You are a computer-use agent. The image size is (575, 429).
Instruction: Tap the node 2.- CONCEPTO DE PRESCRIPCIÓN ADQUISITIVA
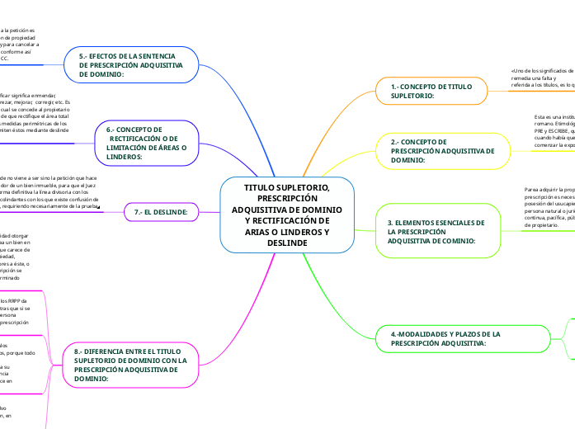(442, 152)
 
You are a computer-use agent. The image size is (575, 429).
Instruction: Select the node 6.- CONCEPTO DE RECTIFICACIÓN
(145, 143)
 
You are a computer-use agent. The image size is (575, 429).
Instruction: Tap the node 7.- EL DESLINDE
(161, 213)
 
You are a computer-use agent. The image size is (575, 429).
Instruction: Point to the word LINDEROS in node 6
(124, 156)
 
